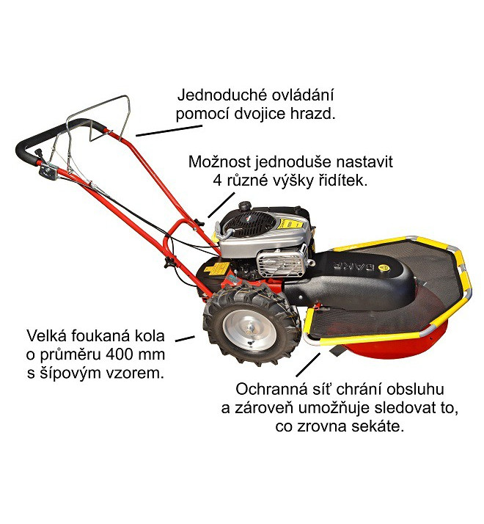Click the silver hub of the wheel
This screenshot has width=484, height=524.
click(250, 331)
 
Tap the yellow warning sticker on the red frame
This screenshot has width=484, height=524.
click(216, 269)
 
